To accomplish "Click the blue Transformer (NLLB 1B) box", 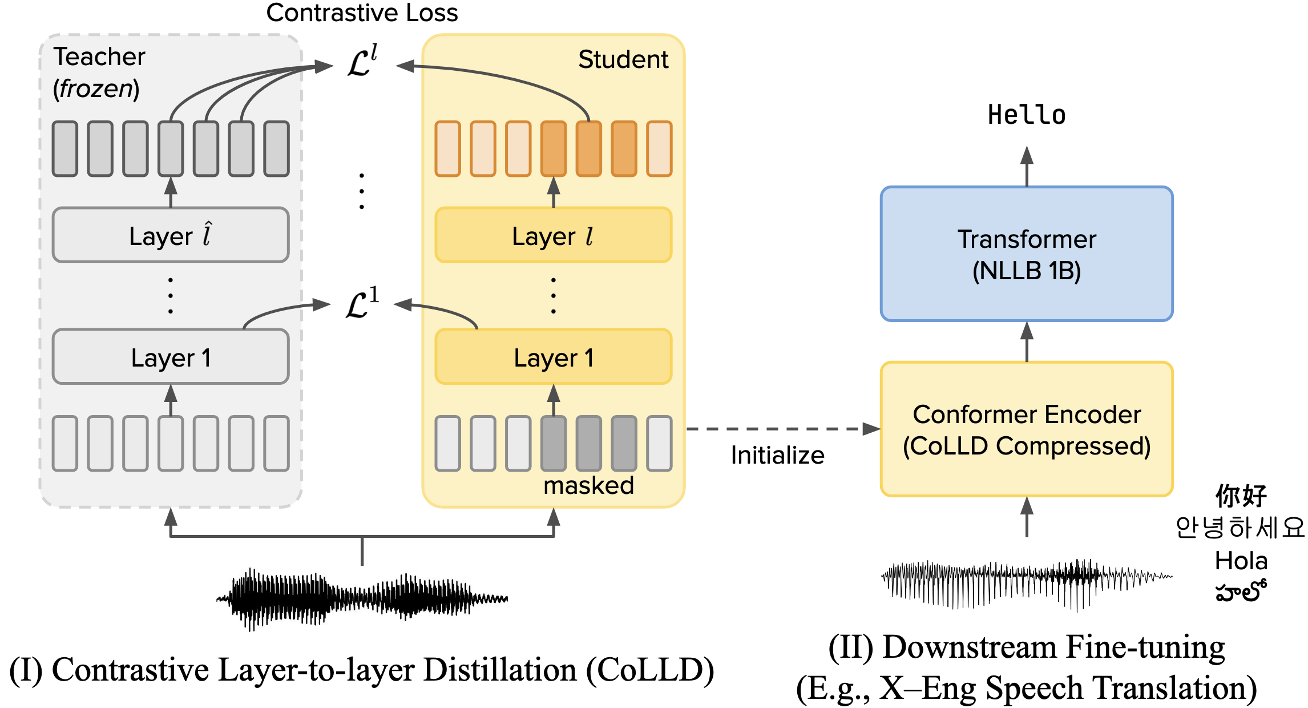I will pos(1026,254).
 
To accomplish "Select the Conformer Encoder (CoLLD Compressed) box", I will pos(1026,429).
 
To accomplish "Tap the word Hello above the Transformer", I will pos(1026,115).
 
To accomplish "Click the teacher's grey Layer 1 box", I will pos(170,357).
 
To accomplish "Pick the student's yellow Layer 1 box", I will pos(553,357).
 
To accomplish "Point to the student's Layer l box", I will pos(553,235).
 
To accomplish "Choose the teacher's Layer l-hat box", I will pos(170,235).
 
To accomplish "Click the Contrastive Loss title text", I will pos(362,13).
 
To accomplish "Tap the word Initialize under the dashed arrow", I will pos(777,455).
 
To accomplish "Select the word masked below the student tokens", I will pos(588,486).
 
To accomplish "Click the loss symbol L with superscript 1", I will pos(362,304).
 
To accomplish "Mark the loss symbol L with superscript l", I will pos(362,62).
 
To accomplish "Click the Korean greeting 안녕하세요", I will pos(1240,527).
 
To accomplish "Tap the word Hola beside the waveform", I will pos(1241,561).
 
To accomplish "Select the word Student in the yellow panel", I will pos(623,59).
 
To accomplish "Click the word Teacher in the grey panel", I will pos(99,57).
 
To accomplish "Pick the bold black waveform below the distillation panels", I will pos(362,598).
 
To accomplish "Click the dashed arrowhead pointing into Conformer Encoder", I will pos(871,429).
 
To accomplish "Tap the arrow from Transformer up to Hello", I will pos(1027,166).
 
